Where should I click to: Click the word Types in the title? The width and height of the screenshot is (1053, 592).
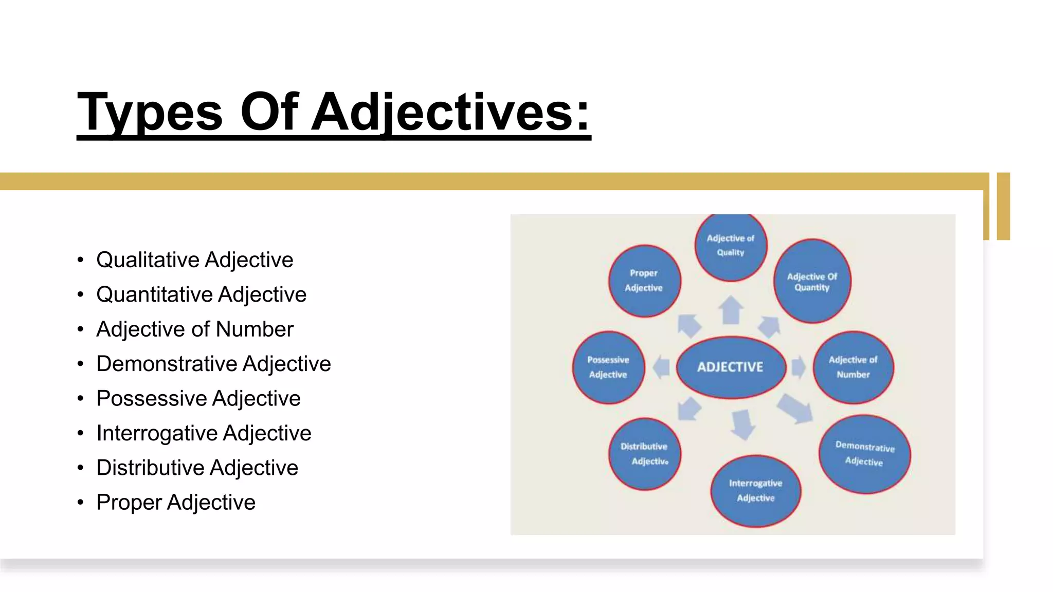(150, 113)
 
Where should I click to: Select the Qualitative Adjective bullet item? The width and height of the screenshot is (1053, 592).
(194, 260)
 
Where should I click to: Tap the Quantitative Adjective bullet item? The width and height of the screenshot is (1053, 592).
(201, 294)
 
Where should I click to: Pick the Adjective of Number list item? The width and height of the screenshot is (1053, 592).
(194, 329)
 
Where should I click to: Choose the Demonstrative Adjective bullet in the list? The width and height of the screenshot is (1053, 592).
(213, 364)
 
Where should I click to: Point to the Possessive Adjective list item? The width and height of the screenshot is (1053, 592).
(198, 398)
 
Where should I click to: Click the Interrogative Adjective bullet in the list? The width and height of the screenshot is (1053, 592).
(204, 433)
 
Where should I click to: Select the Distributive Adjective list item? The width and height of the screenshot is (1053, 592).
(197, 468)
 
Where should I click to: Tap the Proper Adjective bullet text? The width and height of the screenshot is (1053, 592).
(175, 502)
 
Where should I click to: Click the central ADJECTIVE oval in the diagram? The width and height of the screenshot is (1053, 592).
(731, 367)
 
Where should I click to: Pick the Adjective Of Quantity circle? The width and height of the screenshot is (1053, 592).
(812, 282)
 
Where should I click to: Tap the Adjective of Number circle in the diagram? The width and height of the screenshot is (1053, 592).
(853, 367)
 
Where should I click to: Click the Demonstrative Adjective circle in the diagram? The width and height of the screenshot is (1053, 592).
(864, 454)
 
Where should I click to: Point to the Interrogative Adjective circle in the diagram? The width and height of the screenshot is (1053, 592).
(755, 490)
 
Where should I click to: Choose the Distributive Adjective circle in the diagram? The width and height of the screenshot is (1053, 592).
(644, 454)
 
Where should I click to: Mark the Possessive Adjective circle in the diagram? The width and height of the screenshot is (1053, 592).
(608, 367)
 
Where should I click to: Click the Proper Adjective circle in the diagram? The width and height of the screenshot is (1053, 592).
(644, 281)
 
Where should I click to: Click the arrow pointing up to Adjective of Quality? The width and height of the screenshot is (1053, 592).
(731, 310)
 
